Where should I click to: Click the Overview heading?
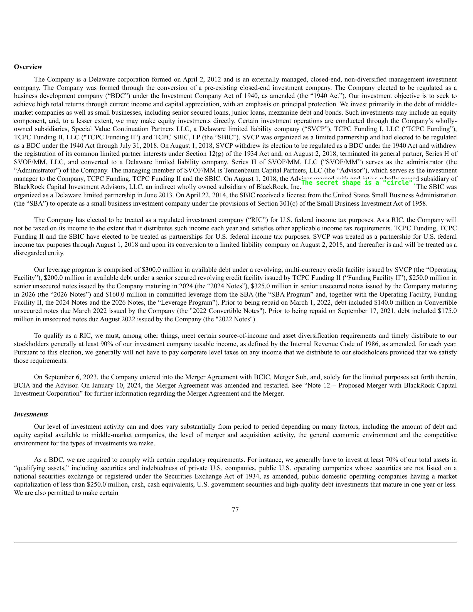coord(28,67)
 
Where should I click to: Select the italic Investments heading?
coord(31,414)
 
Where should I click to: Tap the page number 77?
coord(235,509)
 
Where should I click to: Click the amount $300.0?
coord(152,270)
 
